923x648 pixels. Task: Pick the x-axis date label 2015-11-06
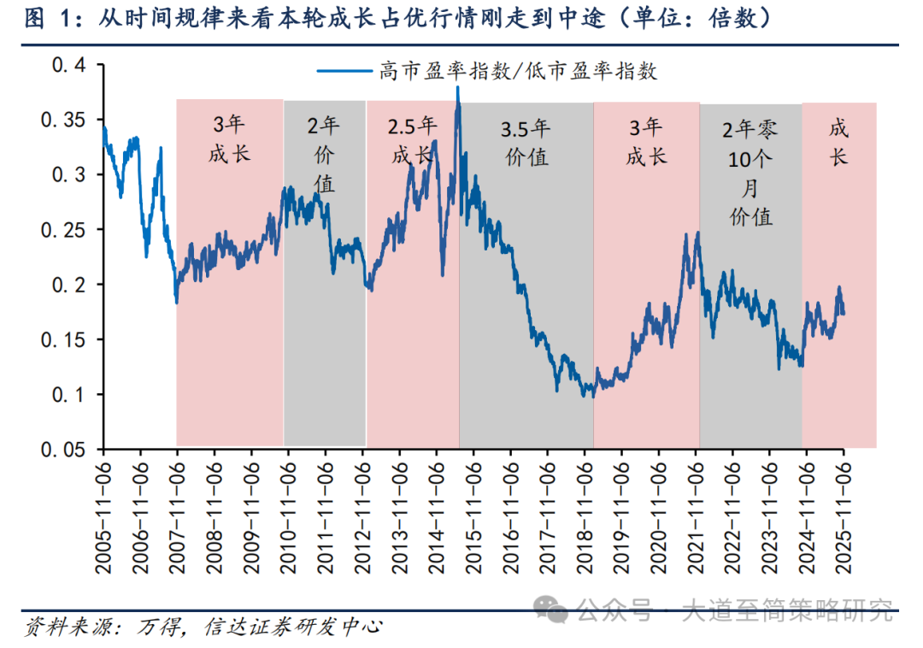(x=473, y=514)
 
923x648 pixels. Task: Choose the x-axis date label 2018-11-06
(x=585, y=514)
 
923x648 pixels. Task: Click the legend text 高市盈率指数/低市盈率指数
(x=518, y=71)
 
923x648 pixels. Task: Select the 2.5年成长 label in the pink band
(x=413, y=141)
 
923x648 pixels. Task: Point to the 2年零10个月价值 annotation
(x=750, y=173)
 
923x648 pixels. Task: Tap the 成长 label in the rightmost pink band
(x=838, y=143)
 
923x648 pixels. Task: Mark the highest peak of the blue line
(x=458, y=88)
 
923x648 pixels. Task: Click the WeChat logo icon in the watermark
(x=553, y=610)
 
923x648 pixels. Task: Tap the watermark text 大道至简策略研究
(x=786, y=610)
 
